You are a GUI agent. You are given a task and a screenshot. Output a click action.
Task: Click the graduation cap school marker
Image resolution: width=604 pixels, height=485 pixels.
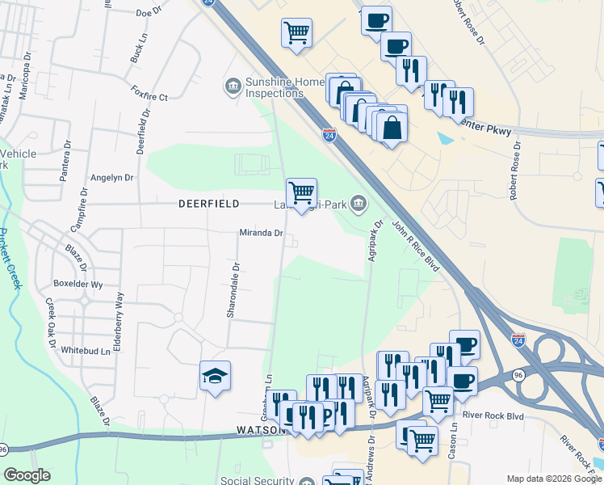(x=216, y=375)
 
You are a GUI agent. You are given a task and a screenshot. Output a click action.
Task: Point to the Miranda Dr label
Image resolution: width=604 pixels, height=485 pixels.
(x=260, y=234)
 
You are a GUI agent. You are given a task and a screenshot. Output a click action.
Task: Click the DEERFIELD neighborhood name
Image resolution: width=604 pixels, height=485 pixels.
(x=208, y=205)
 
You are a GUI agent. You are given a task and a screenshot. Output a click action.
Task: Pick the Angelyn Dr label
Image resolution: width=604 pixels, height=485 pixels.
(x=112, y=178)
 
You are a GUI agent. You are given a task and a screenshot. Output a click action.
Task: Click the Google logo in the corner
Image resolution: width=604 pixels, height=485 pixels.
(x=27, y=475)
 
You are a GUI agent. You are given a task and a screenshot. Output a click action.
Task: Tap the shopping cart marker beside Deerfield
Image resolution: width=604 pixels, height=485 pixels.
(x=301, y=193)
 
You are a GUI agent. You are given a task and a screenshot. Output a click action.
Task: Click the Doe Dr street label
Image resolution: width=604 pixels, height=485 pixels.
(x=149, y=13)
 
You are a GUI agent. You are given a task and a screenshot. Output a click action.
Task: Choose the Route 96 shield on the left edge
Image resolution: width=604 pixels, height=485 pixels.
(x=4, y=449)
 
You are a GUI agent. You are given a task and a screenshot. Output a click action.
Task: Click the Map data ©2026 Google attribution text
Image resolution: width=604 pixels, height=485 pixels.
(x=553, y=478)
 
